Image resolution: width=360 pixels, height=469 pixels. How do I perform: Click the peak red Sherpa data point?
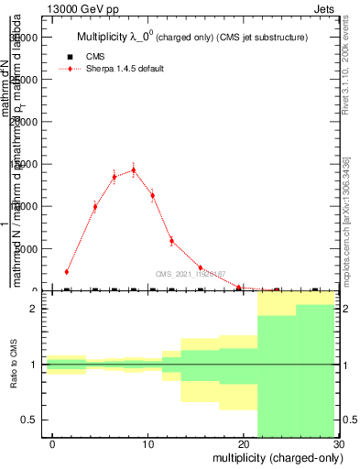pyautogui.click(x=133, y=169)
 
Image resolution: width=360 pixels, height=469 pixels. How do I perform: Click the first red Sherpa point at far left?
pyautogui.click(x=67, y=271)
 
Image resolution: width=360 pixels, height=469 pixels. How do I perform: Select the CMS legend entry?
pyautogui.click(x=95, y=57)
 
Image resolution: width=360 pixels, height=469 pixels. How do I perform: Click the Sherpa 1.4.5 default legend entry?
pyautogui.click(x=125, y=70)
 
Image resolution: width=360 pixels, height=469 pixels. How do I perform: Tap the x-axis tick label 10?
pyautogui.click(x=147, y=444)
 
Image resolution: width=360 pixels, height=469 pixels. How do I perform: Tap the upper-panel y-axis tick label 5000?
pyautogui.click(x=26, y=248)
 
